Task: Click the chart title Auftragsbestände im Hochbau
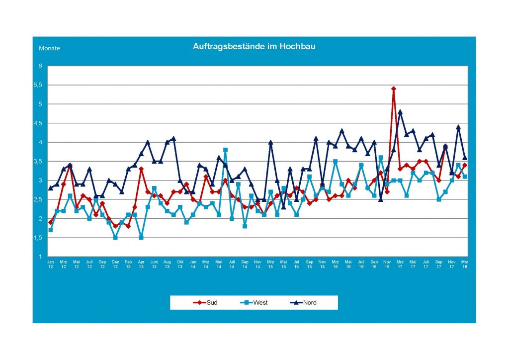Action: tap(254, 46)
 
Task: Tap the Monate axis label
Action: tap(49, 48)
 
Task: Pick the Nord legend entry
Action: tap(304, 302)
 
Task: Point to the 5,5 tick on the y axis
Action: tap(39, 85)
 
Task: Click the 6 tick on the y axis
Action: tap(40, 66)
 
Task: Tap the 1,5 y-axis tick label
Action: tap(39, 238)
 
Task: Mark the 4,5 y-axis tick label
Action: tap(39, 123)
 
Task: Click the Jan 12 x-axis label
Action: tap(51, 264)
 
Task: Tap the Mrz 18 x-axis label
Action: tap(464, 264)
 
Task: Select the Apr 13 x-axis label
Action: tap(141, 264)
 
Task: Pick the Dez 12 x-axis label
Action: tap(115, 264)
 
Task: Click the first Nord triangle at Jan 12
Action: tap(51, 188)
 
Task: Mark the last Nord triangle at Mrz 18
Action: tap(464, 158)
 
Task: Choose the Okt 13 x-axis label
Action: tap(180, 264)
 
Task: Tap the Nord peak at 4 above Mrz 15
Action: tap(270, 142)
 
